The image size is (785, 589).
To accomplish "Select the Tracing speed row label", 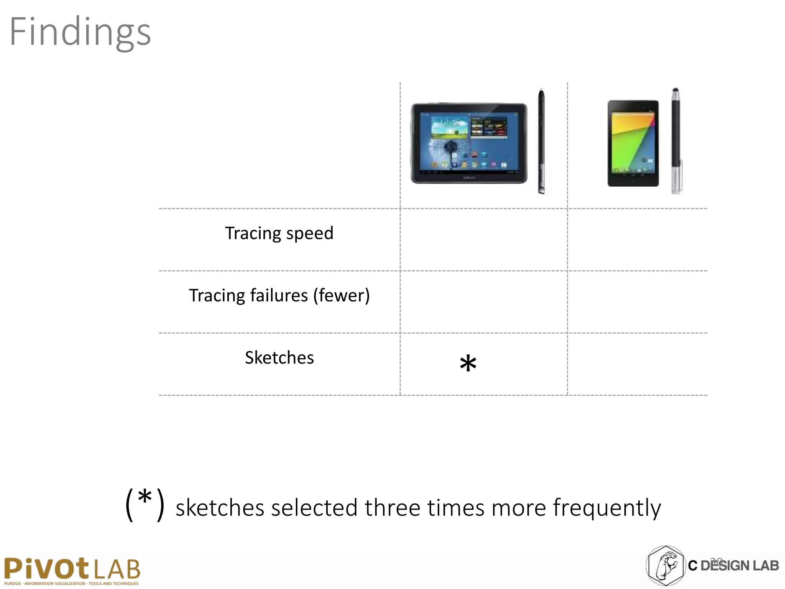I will (279, 233).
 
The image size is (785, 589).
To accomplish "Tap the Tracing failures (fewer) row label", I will (279, 296).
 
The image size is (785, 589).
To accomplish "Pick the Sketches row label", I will (279, 358).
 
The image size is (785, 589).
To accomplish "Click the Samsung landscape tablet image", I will (469, 143).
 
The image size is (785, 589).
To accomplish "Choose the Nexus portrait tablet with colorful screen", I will (633, 143).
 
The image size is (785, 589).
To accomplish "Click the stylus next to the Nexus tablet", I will (676, 141).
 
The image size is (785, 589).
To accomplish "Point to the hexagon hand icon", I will (665, 566).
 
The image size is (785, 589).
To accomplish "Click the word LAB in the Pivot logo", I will (117, 569).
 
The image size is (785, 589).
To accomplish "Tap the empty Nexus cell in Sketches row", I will (637, 364).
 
